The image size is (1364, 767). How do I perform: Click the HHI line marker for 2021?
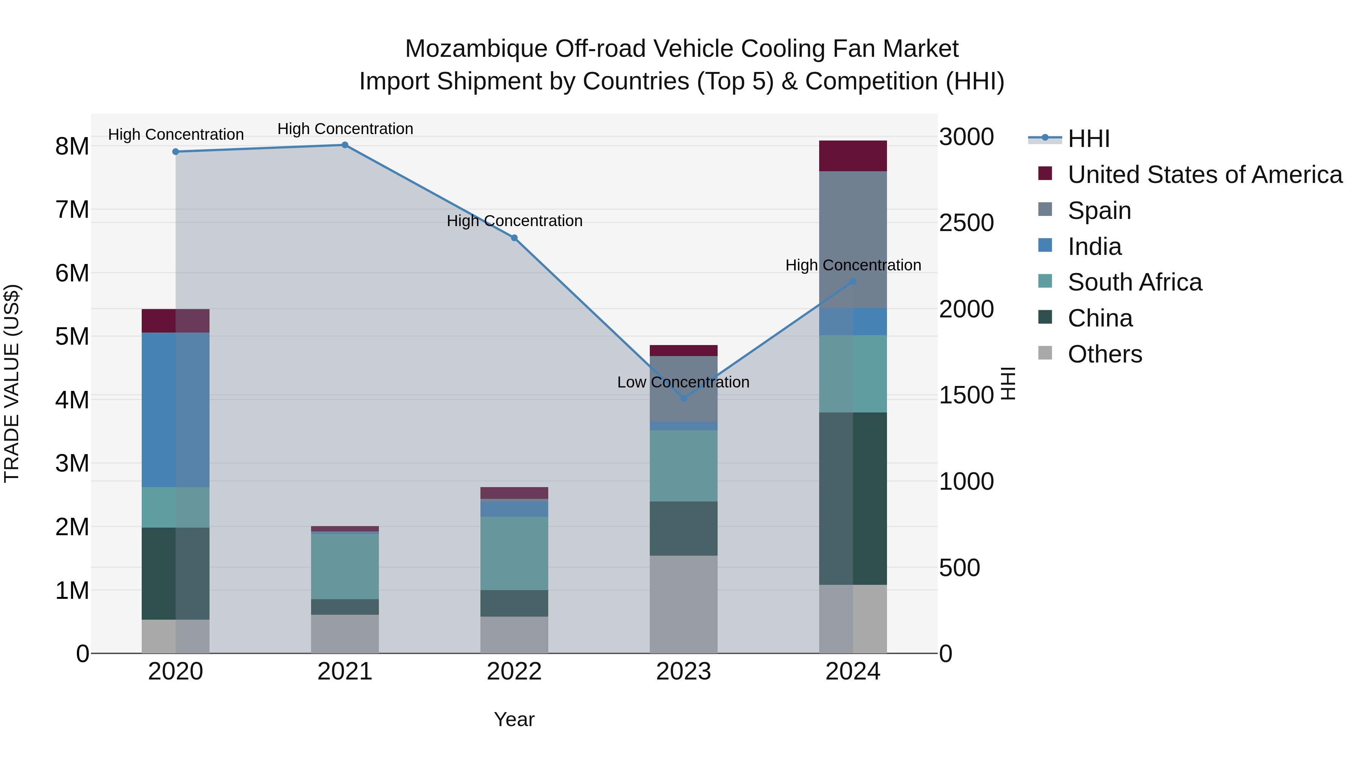coord(345,145)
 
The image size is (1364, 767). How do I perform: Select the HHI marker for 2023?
coord(683,398)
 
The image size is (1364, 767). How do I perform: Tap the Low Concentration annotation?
coord(683,382)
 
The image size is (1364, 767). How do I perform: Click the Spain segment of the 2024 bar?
coord(852,239)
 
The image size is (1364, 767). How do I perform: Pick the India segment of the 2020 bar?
coord(175,410)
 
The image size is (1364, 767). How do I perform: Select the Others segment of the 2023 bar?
coord(683,604)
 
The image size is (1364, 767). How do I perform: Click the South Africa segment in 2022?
coord(514,553)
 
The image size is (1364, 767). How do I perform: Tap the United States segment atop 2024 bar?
coord(852,156)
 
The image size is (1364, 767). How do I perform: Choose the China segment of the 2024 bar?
coord(852,498)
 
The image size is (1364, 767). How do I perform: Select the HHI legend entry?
coord(1088,139)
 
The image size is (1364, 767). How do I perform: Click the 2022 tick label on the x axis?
coord(514,672)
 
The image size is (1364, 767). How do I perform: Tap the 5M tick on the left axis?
coord(72,337)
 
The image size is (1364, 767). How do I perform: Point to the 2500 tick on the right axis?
coord(966,223)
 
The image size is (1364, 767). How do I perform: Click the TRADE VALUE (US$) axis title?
coord(12,383)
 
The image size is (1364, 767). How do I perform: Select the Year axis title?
coord(514,719)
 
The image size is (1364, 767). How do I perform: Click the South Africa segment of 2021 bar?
coord(345,566)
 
